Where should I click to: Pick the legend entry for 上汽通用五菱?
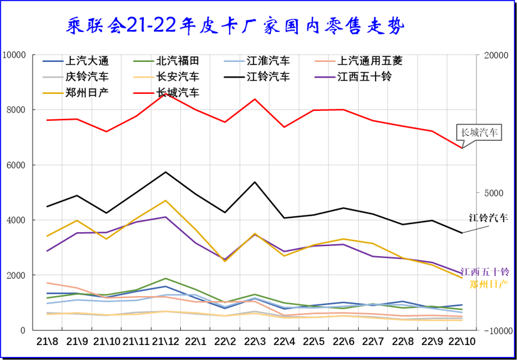click(x=369, y=61)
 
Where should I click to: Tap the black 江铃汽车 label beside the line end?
click(x=488, y=218)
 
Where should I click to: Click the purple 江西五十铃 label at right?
click(x=485, y=272)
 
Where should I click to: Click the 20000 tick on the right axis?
click(x=496, y=55)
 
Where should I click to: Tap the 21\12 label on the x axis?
click(x=166, y=342)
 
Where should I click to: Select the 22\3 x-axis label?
click(x=255, y=342)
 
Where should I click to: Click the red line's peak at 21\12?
click(x=166, y=94)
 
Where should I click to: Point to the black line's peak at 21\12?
click(x=166, y=172)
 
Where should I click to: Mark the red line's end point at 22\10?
click(x=462, y=148)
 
